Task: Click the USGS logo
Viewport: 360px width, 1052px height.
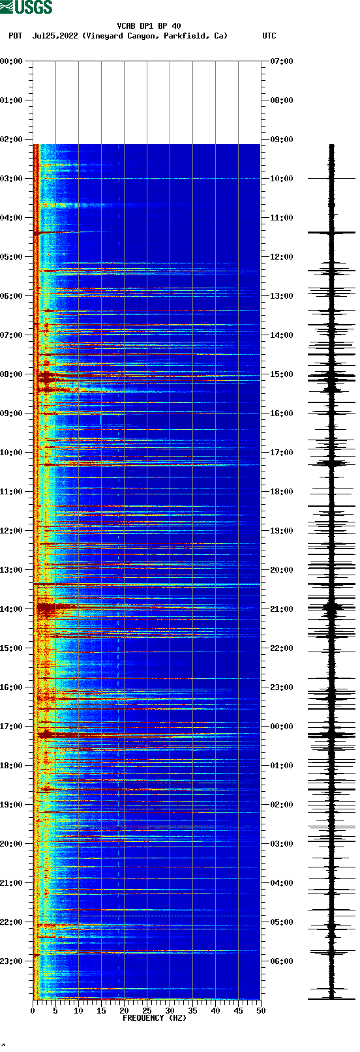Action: point(26,7)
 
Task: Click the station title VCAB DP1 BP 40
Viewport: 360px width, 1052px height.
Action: point(149,26)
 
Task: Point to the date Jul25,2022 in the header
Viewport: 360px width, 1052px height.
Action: point(55,36)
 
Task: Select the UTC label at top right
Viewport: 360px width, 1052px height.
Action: point(269,36)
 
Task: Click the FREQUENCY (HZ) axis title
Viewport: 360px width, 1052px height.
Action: point(155,1017)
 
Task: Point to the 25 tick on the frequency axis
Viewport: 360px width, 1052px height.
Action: point(147,1011)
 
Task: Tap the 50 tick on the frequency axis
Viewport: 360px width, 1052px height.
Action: point(261,1011)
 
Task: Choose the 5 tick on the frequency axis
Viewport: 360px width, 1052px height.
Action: point(55,1011)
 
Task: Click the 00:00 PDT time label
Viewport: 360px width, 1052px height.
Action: point(12,61)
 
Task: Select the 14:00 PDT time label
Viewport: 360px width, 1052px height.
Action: point(12,609)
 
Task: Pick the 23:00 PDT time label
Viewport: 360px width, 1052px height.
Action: point(12,961)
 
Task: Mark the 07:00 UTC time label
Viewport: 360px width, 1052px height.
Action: point(282,61)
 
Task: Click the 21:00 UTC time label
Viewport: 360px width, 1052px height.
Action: point(282,609)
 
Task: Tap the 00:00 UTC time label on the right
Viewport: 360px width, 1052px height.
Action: point(282,727)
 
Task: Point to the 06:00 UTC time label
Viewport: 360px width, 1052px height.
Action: point(282,961)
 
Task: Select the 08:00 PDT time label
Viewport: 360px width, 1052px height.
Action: point(12,374)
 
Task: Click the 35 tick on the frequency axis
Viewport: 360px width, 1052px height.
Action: point(192,1011)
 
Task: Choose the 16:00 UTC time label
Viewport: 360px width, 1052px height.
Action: point(282,413)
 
